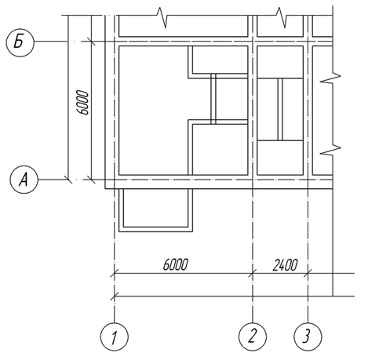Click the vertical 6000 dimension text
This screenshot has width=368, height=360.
(82, 103)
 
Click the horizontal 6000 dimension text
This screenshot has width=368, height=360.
(176, 264)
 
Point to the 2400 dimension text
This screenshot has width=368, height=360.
(285, 265)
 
